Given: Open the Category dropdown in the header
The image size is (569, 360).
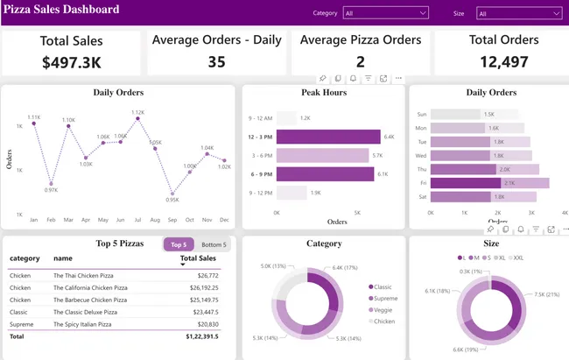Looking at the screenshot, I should coord(385,13).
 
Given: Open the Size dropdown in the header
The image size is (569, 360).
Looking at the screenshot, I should coord(518,13).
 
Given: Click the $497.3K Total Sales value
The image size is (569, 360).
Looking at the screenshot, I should coord(71,62).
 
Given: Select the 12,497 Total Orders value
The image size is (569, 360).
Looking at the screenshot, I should coord(502,61).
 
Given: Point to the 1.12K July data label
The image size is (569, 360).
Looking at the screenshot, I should coord(137,113).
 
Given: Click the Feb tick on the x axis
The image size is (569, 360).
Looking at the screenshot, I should coord(51,220).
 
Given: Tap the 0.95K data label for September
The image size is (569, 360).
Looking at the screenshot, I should coord(172,200).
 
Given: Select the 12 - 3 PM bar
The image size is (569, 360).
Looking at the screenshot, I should coord(328,137).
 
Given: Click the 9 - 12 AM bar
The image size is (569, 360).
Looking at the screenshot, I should coord(286,117).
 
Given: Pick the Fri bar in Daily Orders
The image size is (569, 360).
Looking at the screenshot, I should coord(490,183).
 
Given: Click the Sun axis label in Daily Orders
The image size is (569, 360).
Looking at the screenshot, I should coord(421,114).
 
